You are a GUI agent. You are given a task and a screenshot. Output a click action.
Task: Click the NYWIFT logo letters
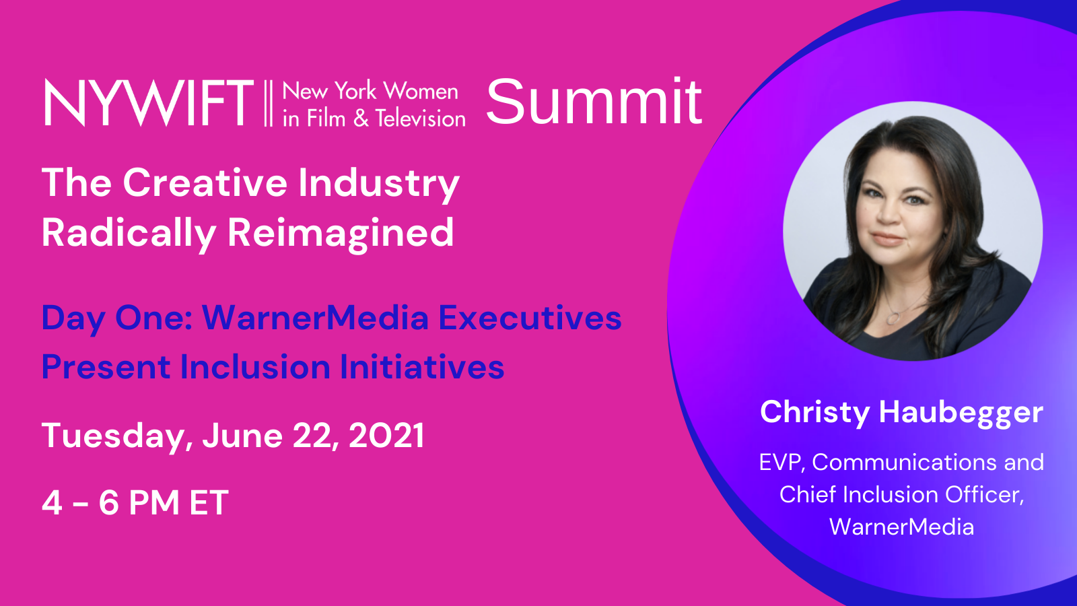tap(149, 103)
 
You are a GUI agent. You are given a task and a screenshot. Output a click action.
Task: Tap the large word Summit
tap(594, 102)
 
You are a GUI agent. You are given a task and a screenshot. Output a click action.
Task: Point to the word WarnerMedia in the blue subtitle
tap(316, 318)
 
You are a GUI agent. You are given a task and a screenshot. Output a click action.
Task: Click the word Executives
tap(530, 318)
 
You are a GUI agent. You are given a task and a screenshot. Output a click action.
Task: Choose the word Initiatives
tap(422, 367)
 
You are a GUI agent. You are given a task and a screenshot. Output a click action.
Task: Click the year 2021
tap(386, 435)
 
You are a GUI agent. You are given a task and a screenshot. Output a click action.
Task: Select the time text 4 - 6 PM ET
tap(135, 502)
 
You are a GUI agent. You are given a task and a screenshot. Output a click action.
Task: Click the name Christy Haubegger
tap(901, 413)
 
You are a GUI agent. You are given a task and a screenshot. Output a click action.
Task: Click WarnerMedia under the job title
tap(901, 527)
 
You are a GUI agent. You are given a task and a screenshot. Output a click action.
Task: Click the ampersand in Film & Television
tap(361, 119)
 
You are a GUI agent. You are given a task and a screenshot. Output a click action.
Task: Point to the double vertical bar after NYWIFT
tap(269, 104)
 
